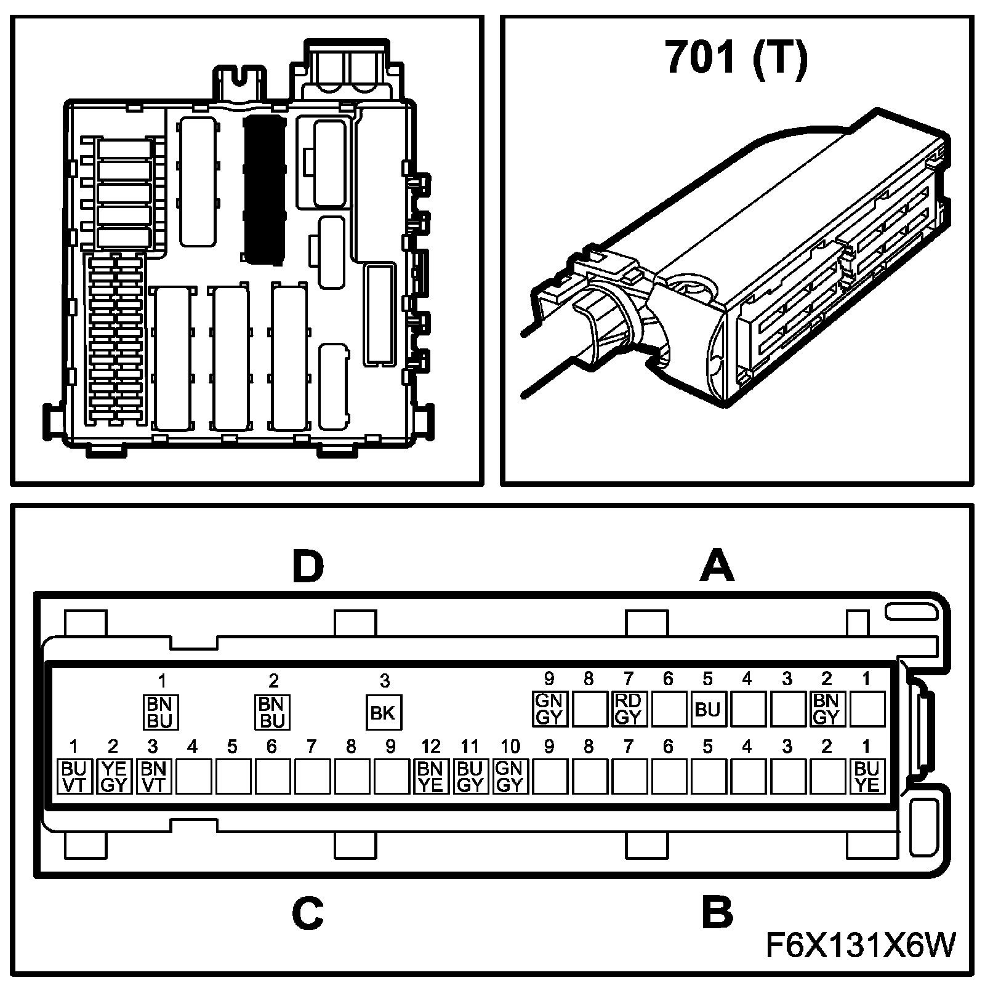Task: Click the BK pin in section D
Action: coord(383,712)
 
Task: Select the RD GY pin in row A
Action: coord(628,708)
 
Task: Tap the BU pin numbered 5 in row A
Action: coord(707,709)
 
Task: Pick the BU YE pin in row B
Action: coord(866,777)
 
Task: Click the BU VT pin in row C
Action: coord(74,777)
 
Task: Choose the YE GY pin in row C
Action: coord(113,777)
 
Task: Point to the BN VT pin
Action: coord(153,777)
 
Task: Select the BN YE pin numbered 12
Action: coord(430,777)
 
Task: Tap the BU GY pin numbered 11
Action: coord(470,777)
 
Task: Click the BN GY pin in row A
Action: coord(826,708)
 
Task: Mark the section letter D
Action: coord(308,566)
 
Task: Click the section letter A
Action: coord(717,566)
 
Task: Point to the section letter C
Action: coord(308,913)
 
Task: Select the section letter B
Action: coord(717,913)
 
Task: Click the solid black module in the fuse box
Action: coord(264,191)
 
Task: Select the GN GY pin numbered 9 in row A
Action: coord(549,708)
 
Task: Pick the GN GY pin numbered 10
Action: coord(510,777)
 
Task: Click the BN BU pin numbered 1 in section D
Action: coord(161,712)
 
